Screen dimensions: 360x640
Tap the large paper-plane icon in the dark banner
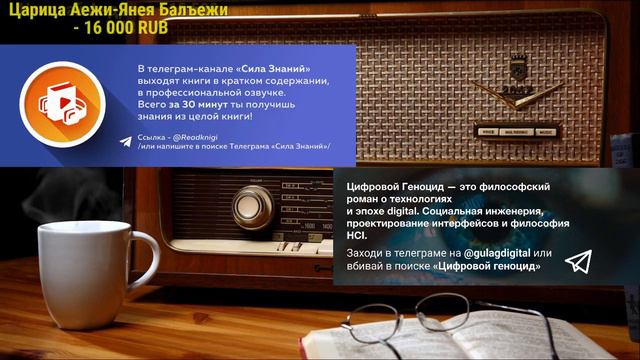click(x=578, y=262)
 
